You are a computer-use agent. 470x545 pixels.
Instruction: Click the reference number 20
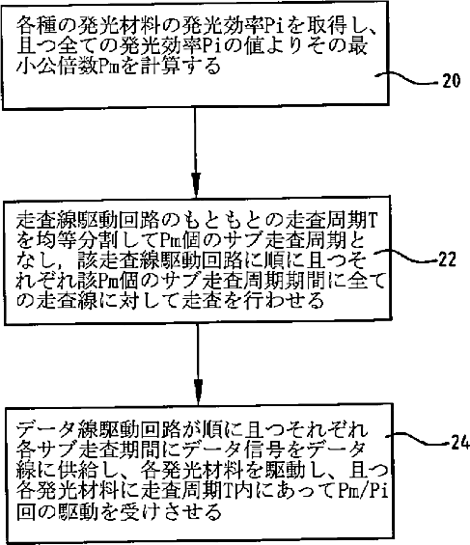pyautogui.click(x=451, y=81)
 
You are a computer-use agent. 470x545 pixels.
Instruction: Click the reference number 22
pyautogui.click(x=447, y=259)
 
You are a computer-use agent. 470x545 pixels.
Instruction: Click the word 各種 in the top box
pyautogui.click(x=36, y=25)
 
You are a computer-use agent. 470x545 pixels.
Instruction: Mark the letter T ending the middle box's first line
pyautogui.click(x=372, y=220)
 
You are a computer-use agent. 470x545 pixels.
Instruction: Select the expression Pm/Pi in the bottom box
pyautogui.click(x=363, y=491)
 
